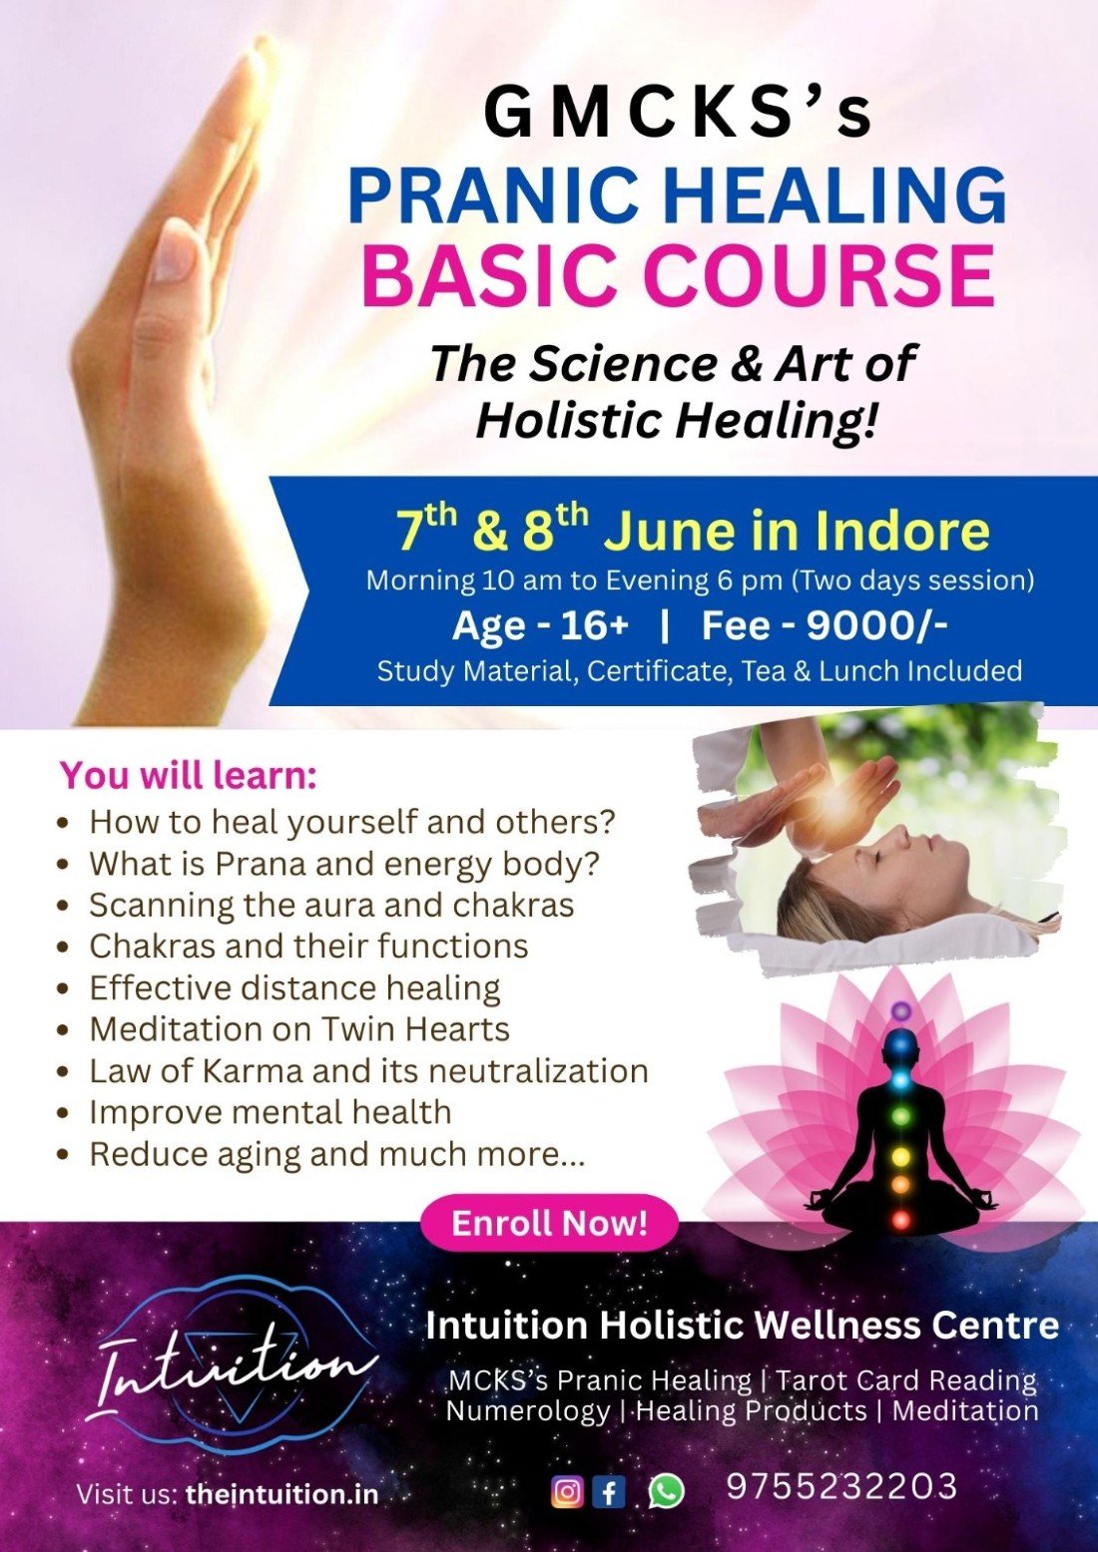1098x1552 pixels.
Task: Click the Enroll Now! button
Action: click(549, 1223)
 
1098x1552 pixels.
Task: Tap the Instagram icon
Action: click(567, 1491)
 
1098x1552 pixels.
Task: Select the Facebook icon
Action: click(609, 1491)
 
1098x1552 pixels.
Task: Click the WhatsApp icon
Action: click(666, 1491)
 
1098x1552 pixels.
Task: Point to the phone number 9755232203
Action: click(841, 1486)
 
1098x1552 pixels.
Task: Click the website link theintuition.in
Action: click(281, 1494)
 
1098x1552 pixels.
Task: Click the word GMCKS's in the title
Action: click(678, 113)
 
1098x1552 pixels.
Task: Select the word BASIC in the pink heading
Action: click(489, 274)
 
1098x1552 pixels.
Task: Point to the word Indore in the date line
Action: click(901, 531)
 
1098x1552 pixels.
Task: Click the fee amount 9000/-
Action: click(876, 625)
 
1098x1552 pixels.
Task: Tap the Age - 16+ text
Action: click(540, 625)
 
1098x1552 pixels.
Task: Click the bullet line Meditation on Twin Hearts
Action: click(298, 1028)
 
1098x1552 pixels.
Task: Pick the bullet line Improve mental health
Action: click(270, 1112)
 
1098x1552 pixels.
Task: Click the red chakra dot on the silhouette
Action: click(900, 1219)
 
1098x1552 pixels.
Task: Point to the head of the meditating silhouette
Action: click(901, 1045)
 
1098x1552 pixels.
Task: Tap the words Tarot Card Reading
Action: click(906, 1380)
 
